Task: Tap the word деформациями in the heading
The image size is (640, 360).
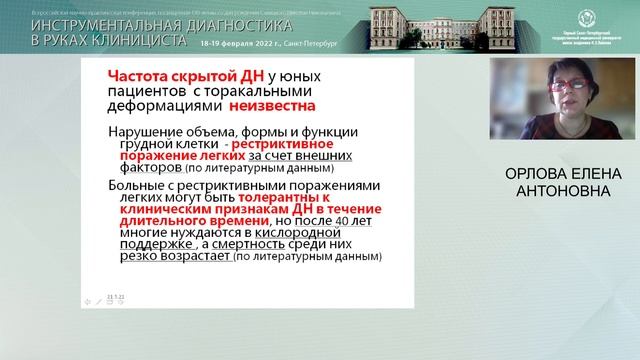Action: (x=160, y=104)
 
